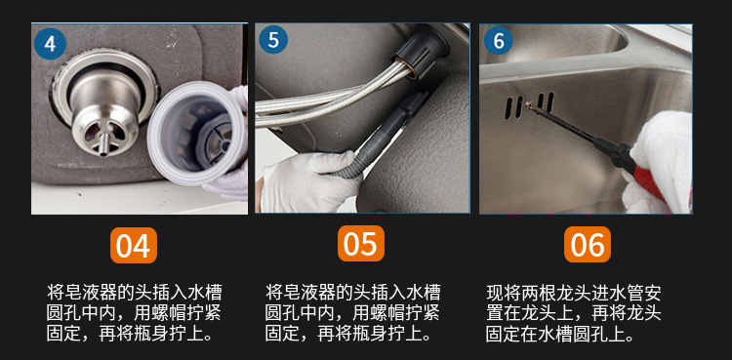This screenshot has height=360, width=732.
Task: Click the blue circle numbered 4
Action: (x=50, y=44)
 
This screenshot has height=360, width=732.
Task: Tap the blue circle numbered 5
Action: (x=273, y=40)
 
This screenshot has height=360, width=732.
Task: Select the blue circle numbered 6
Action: (x=499, y=41)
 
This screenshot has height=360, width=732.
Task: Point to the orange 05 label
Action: (x=360, y=243)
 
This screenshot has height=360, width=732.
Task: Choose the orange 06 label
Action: (x=588, y=244)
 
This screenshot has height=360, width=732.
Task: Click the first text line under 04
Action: (x=134, y=292)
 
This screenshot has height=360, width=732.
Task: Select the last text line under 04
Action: (x=131, y=335)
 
